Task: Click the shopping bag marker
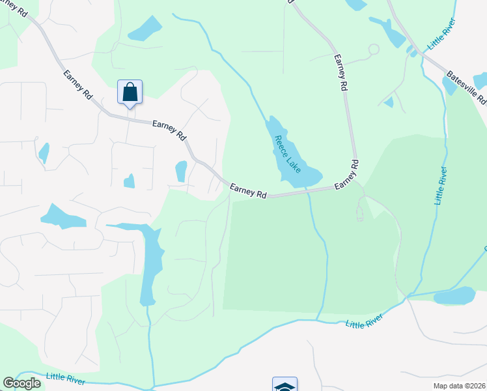click(130, 92)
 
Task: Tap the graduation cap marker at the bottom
click(285, 385)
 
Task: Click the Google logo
click(22, 383)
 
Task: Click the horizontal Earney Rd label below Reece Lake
click(249, 191)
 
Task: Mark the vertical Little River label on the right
click(441, 186)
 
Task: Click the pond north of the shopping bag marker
click(145, 29)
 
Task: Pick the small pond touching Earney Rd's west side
click(181, 171)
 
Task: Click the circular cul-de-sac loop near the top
click(373, 49)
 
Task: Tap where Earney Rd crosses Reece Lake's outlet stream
click(309, 192)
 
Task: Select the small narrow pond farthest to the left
click(44, 153)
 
